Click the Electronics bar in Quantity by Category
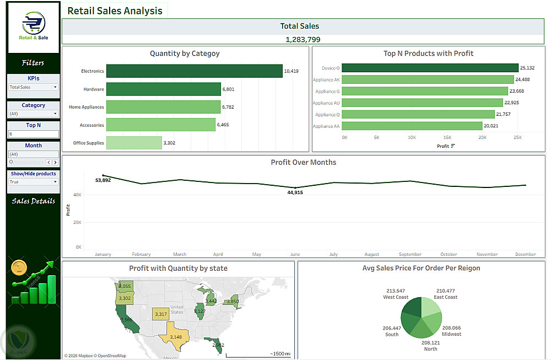[x=194, y=71]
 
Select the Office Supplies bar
[x=134, y=143]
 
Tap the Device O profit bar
[x=430, y=68]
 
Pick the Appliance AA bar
[x=412, y=126]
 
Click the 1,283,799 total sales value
[x=302, y=40]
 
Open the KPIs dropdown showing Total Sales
[x=33, y=87]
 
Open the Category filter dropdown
[x=33, y=114]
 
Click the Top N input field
[x=33, y=134]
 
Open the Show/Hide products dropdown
[x=33, y=182]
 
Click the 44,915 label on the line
[x=295, y=192]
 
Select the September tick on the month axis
[x=410, y=254]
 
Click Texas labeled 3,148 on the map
[x=176, y=337]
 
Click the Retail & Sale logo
[x=34, y=27]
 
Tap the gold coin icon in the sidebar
[x=19, y=268]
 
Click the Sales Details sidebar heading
[x=34, y=201]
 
